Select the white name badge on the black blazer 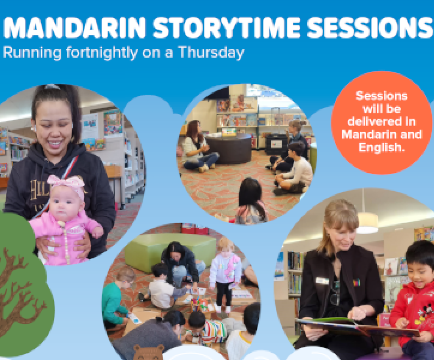(322, 280)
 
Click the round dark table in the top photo (228, 148)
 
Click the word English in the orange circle (382, 147)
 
